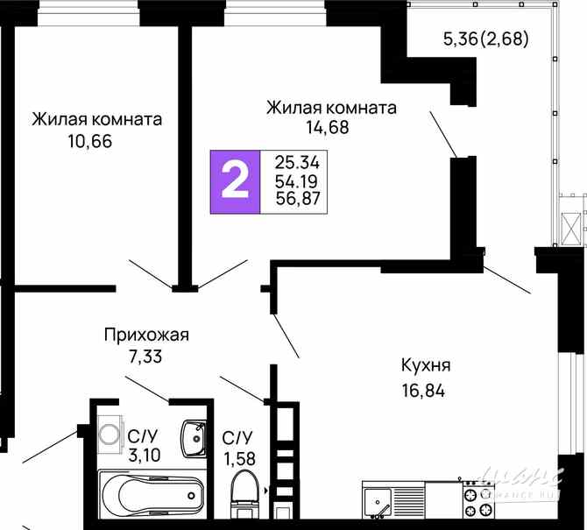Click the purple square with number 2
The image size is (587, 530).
[233, 182]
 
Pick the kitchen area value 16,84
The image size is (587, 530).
[423, 391]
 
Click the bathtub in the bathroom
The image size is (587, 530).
[152, 496]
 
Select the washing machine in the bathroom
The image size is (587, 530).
[111, 433]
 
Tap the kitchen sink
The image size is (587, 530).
[378, 503]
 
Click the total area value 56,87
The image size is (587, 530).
[298, 200]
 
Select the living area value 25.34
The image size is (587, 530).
[297, 163]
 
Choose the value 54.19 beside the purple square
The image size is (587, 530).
[297, 181]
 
